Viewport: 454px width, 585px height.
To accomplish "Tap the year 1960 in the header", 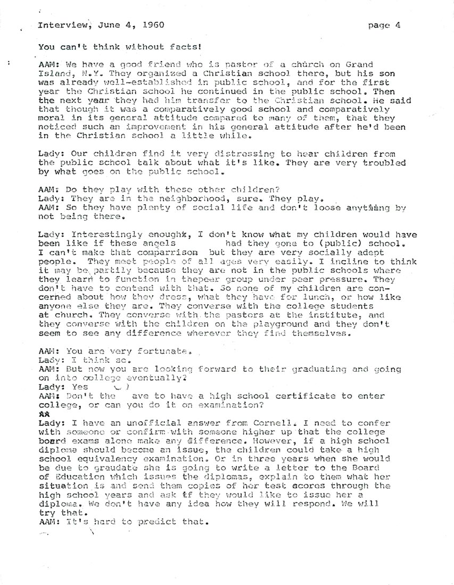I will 151,24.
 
